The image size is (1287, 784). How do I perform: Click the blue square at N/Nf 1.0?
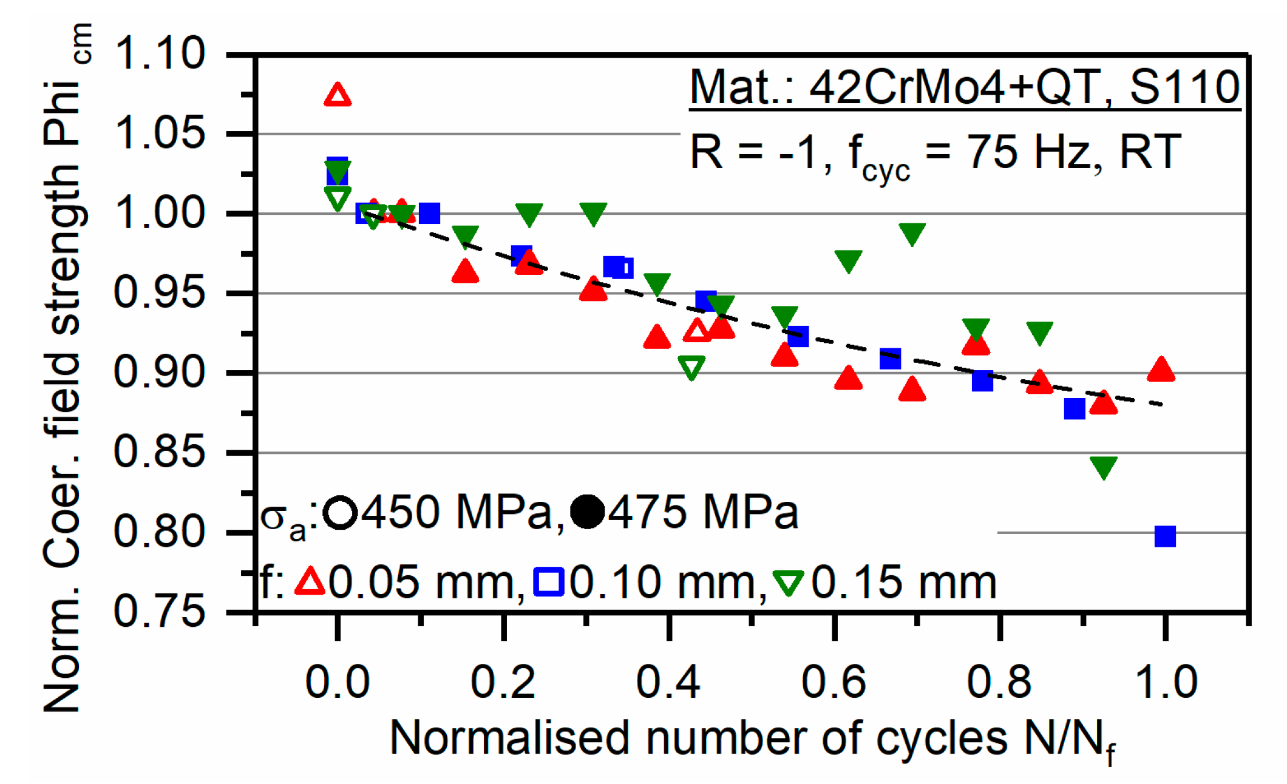click(x=1164, y=536)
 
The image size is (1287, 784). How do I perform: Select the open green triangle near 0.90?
click(x=691, y=367)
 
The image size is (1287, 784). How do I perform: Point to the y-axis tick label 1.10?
click(x=160, y=53)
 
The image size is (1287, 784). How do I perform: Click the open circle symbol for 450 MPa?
click(x=340, y=513)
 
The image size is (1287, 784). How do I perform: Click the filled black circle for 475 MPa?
click(x=588, y=512)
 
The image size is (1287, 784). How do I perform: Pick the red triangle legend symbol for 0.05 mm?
click(x=310, y=581)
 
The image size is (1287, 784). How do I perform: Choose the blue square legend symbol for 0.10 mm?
click(x=549, y=581)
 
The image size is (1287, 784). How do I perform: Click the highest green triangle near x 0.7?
click(x=912, y=234)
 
